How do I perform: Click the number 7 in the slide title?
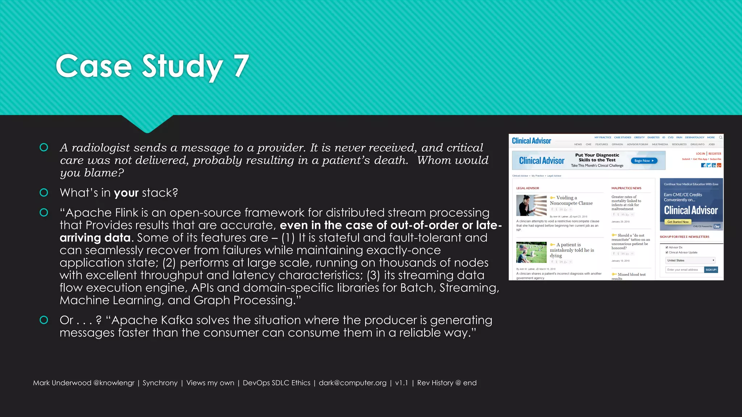pos(241,66)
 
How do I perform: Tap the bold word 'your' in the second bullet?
pos(126,193)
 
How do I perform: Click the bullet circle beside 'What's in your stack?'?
pos(44,193)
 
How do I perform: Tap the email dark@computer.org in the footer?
pos(353,383)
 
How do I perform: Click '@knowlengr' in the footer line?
pos(114,383)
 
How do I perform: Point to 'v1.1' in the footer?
pos(401,383)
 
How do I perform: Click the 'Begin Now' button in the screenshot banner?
pos(644,161)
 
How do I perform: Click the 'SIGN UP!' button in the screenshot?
pos(711,270)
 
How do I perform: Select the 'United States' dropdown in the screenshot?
pos(690,260)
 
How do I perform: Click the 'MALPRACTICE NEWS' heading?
pos(626,188)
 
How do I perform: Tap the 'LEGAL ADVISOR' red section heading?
pos(528,188)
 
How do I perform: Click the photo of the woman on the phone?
pos(531,205)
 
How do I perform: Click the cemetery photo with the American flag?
pos(531,252)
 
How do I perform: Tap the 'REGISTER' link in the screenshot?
pos(715,153)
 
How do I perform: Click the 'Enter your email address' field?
pos(684,270)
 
